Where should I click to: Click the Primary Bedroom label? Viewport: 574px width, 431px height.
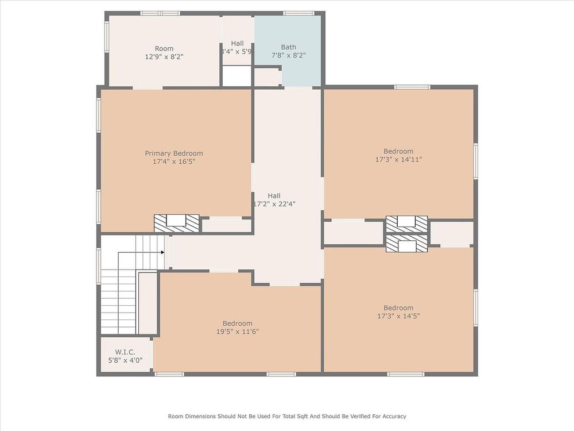pos(174,153)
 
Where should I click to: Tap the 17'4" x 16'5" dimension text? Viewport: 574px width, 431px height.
pos(174,161)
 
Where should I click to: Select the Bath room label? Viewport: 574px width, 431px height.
pos(289,47)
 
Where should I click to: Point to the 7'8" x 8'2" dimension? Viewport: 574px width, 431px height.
pos(289,55)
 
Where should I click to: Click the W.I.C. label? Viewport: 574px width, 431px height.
pos(125,352)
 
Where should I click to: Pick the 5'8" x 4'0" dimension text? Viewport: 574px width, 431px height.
pos(125,360)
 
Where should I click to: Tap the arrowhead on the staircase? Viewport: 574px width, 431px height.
pos(162,252)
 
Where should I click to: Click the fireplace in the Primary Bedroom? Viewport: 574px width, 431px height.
pos(176,223)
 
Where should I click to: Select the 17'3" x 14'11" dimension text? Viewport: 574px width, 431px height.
pos(399,159)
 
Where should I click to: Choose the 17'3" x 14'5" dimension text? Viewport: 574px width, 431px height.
pos(399,316)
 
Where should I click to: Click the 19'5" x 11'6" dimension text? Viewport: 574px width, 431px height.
pos(238,332)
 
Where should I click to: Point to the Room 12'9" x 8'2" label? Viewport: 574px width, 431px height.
pos(164,52)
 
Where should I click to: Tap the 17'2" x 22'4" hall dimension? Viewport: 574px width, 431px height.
pos(274,204)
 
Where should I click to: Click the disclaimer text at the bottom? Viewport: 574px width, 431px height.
pos(287,416)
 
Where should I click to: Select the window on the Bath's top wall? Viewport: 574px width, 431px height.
pos(298,14)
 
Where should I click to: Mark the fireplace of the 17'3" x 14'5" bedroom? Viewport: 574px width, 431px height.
pos(407,243)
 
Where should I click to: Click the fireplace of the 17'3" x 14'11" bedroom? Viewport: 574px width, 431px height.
pos(407,224)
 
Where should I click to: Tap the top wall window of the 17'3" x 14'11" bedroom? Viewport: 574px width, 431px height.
pos(412,87)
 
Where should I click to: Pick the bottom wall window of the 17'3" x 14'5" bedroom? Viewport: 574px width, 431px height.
pos(406,374)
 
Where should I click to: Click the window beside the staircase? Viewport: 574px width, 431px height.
pos(99,265)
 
